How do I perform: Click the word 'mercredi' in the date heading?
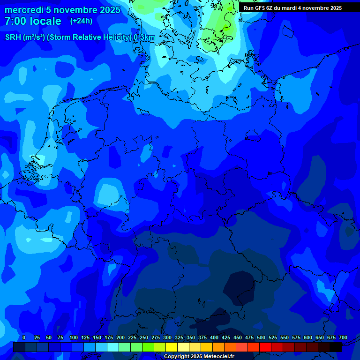tap(24, 10)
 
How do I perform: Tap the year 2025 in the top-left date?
tap(107, 10)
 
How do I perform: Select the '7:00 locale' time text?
tap(33, 21)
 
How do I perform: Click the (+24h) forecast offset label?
tap(81, 21)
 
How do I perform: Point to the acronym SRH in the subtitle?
tap(13, 37)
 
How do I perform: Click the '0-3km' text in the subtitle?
tap(144, 37)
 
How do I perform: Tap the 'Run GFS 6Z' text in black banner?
tap(257, 8)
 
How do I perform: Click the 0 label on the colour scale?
tap(24, 337)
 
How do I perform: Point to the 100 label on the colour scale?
tap(74, 337)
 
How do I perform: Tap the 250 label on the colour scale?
tap(144, 337)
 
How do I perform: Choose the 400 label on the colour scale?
tap(214, 337)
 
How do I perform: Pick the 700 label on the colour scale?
tap(343, 337)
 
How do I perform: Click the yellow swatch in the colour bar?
tap(172, 347)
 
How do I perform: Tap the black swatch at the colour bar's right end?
tap(336, 347)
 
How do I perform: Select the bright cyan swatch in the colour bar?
tap(113, 347)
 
